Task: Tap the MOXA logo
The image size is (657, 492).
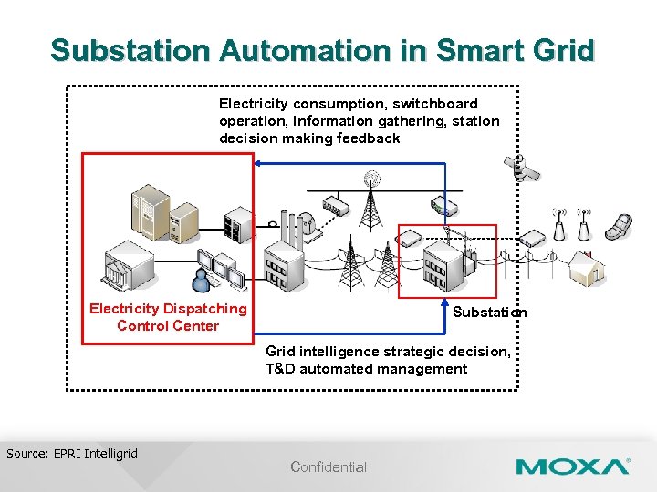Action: point(572,467)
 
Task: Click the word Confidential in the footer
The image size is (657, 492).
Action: point(328,467)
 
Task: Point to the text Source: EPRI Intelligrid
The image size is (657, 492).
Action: point(72,454)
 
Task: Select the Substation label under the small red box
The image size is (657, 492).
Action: point(489,313)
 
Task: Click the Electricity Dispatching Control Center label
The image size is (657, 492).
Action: point(168,317)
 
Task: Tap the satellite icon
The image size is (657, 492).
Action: point(519,169)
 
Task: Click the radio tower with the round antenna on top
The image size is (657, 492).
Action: point(370,200)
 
